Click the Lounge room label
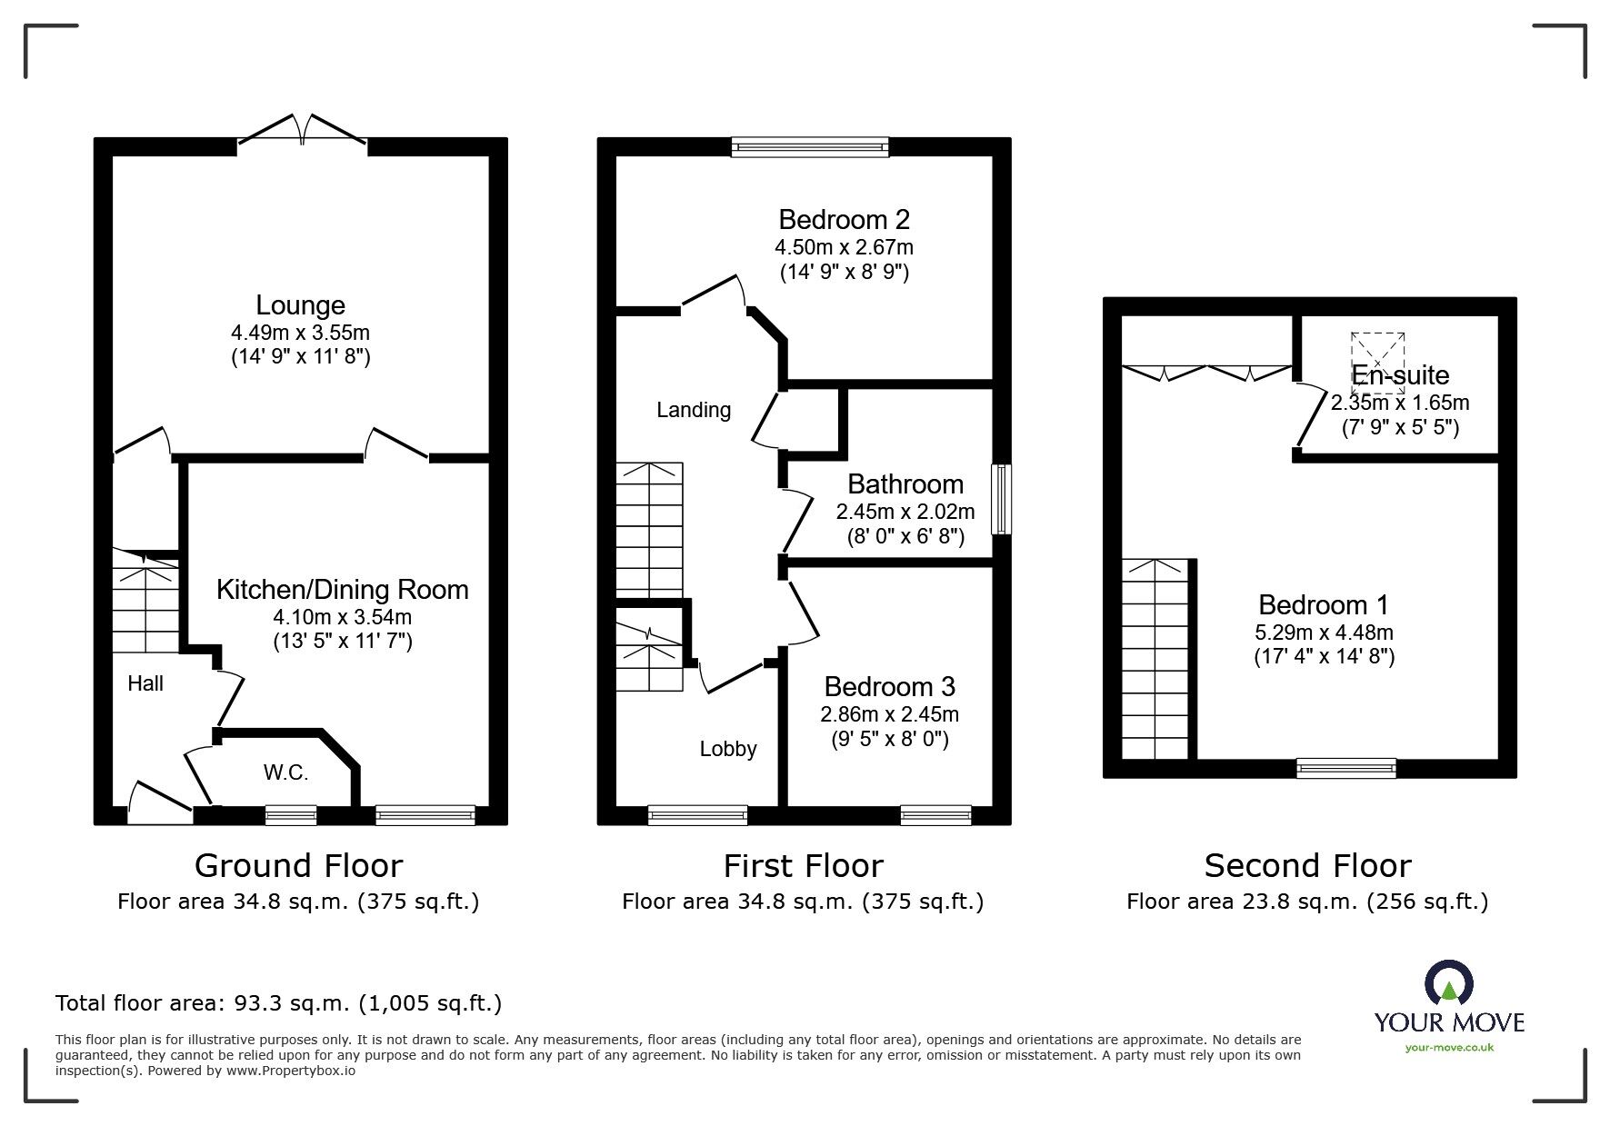point(300,305)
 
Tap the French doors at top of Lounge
point(302,131)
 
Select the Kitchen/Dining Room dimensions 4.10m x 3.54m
point(343,617)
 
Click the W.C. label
point(285,773)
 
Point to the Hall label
point(145,683)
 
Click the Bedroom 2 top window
point(809,147)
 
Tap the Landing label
point(694,410)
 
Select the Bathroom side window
point(1001,499)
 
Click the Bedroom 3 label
point(889,687)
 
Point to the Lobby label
point(727,749)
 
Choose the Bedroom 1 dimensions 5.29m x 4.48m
point(1323,632)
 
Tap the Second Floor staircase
point(1155,659)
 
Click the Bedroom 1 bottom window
point(1345,769)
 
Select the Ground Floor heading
point(298,866)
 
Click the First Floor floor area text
point(803,902)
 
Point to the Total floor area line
point(278,1003)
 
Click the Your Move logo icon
point(1448,984)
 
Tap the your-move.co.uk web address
point(1449,1048)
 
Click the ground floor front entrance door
point(160,805)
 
